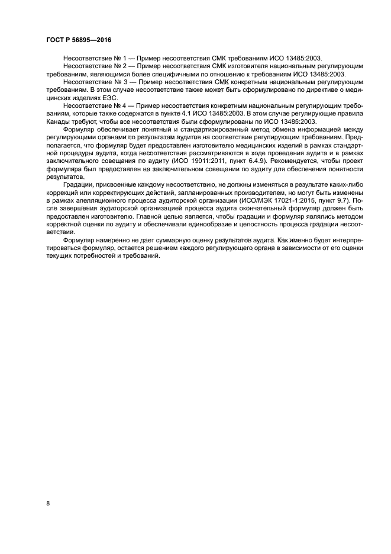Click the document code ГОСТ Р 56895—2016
tap(79, 40)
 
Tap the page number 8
tap(48, 503)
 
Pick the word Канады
tap(59, 121)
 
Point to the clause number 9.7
tap(337, 201)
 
